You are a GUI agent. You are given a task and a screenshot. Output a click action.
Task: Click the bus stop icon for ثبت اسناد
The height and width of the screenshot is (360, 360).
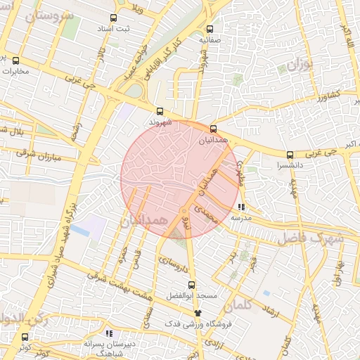[x=114, y=18]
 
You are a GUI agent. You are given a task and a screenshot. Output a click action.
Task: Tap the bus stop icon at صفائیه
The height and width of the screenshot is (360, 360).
[x=210, y=29]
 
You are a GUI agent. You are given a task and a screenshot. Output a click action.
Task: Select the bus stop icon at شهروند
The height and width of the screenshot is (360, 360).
[x=160, y=110]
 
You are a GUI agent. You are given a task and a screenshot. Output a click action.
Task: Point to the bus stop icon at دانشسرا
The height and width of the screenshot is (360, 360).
[x=290, y=155]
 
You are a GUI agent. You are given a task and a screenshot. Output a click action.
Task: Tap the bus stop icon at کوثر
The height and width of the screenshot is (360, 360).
[x=25, y=337]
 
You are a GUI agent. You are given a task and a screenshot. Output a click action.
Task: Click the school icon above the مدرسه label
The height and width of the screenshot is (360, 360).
[x=242, y=207]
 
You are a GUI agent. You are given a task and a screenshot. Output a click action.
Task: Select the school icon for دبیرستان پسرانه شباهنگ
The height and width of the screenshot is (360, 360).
[x=108, y=333]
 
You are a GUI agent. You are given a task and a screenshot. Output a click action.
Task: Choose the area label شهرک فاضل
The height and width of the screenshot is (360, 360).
[x=309, y=238]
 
